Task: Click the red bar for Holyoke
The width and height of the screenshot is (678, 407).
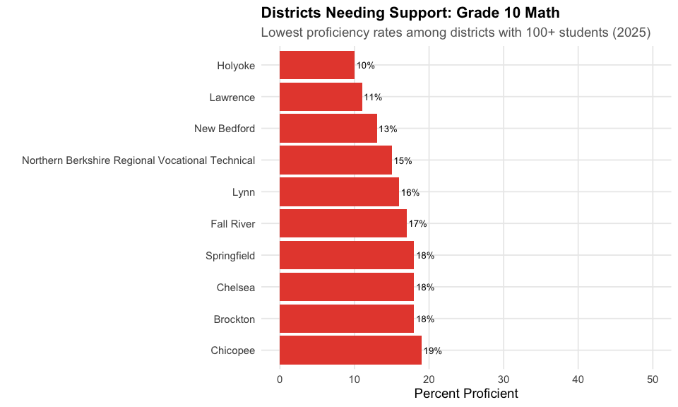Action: [x=317, y=65]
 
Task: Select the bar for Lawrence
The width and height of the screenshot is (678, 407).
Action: [x=321, y=97]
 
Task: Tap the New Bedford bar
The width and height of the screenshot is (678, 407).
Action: [x=328, y=129]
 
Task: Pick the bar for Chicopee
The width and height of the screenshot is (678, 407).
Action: [x=350, y=350]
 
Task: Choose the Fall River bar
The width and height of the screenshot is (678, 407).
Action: [x=343, y=224]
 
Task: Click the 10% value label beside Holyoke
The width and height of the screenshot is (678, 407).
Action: [x=365, y=66]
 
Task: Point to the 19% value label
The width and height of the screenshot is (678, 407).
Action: [x=432, y=351]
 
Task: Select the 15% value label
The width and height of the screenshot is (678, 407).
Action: [x=403, y=161]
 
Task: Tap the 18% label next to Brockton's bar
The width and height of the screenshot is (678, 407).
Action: [x=425, y=319]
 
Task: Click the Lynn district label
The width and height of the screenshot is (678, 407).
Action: [x=243, y=192]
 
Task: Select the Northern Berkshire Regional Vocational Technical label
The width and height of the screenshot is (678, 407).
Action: [x=138, y=160]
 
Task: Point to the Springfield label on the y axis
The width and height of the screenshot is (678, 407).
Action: [x=230, y=256]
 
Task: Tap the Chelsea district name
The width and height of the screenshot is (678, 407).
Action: [x=236, y=288]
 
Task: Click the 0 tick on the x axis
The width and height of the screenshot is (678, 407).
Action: [x=280, y=379]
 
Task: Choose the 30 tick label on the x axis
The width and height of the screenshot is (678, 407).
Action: [x=504, y=379]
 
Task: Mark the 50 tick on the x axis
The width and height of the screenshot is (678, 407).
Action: [x=653, y=379]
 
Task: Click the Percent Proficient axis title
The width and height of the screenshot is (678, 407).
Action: [x=466, y=394]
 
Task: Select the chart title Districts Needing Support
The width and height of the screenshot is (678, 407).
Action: [x=410, y=13]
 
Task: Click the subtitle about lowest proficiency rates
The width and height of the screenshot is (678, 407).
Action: [x=456, y=33]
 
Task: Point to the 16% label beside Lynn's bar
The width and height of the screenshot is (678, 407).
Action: [x=410, y=192]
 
